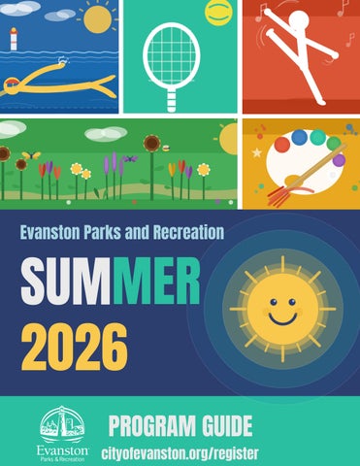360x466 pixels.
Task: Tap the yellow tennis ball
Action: [x=214, y=13]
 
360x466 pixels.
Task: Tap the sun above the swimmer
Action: [x=97, y=17]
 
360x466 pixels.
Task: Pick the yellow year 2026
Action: [x=74, y=344]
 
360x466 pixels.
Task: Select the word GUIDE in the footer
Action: [x=228, y=425]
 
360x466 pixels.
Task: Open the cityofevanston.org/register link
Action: [x=180, y=451]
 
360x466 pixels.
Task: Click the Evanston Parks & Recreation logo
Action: [x=61, y=433]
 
